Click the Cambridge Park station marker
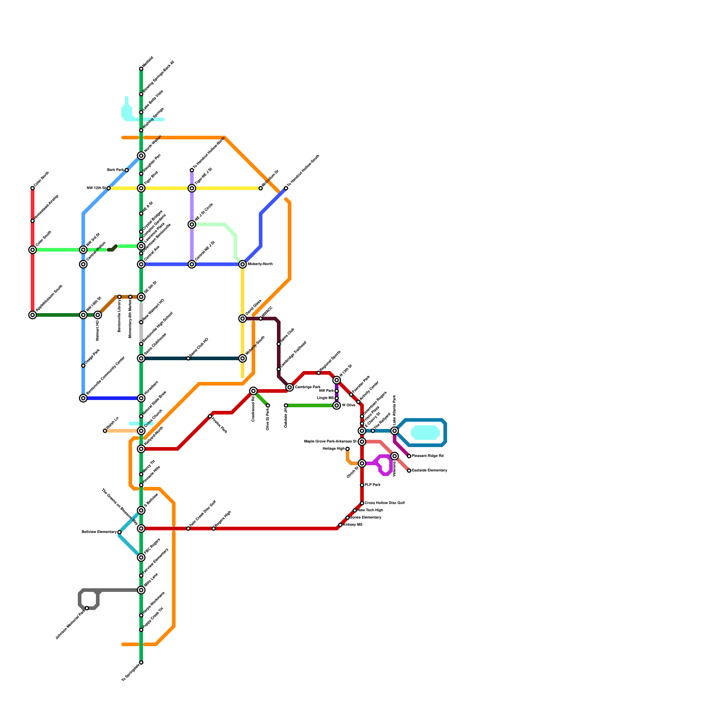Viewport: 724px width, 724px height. coord(290,387)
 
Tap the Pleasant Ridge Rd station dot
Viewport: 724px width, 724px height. coord(409,456)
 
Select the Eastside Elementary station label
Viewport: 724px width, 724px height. coord(429,471)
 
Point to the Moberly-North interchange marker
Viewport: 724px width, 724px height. coord(243,264)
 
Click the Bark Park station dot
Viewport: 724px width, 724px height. coord(127,170)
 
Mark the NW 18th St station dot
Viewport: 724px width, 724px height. coord(109,188)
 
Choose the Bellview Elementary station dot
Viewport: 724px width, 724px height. coord(119,532)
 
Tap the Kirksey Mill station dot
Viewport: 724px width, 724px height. coord(340,525)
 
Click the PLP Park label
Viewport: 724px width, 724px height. coord(372,485)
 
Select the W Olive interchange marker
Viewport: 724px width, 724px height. coord(337,405)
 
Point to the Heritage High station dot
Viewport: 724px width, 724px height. coord(348,449)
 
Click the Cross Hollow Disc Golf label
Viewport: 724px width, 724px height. coord(385,503)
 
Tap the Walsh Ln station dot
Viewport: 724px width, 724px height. coord(105,431)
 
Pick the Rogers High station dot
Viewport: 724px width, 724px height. coord(214,529)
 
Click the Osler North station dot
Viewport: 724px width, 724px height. coord(33,188)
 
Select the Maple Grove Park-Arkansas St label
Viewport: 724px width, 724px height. coord(330,442)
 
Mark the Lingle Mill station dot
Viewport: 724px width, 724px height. coord(337,398)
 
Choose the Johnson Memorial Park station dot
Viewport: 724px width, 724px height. coord(87,608)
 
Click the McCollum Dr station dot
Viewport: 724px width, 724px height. coord(261,188)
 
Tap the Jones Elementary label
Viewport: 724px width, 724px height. coord(366,518)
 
